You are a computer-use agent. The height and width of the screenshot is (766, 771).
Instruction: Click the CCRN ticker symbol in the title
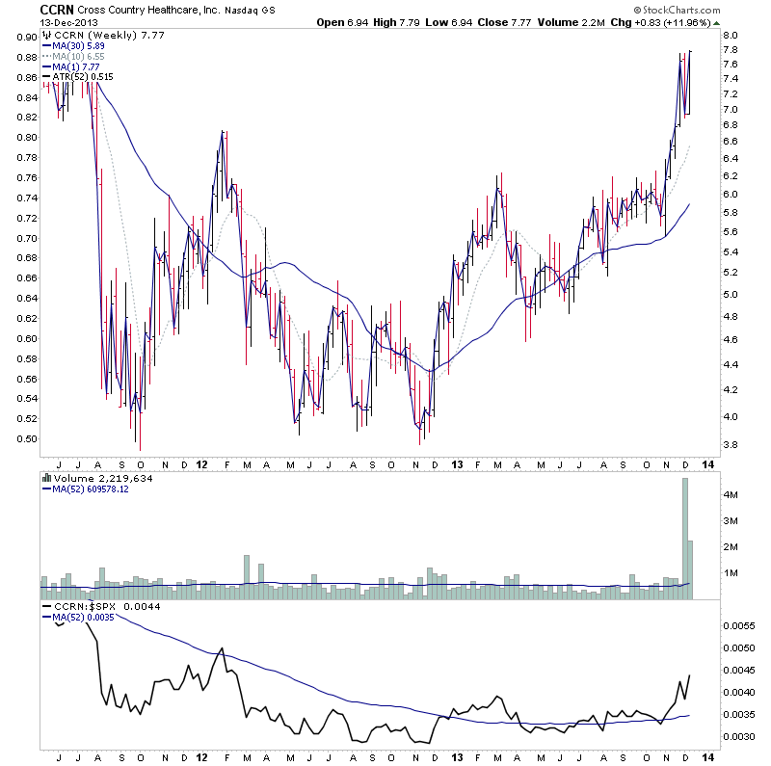(x=52, y=9)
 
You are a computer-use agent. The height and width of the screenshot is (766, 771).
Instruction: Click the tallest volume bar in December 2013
(x=685, y=540)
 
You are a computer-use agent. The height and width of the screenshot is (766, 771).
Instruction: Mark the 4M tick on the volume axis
(x=731, y=494)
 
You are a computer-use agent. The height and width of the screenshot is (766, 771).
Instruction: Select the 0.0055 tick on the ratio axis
(x=739, y=625)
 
